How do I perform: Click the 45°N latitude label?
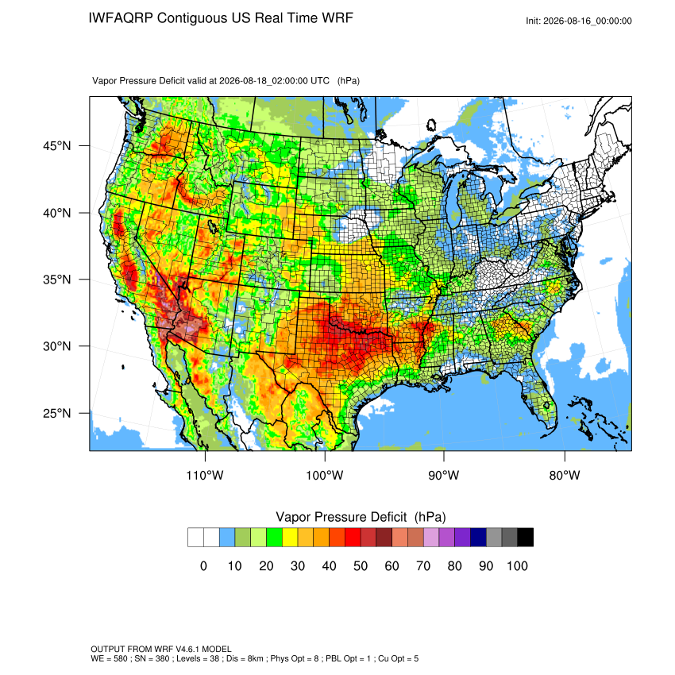coord(56,146)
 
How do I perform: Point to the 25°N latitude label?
coord(56,413)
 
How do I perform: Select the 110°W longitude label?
coord(205,475)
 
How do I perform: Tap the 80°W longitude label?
coord(565,475)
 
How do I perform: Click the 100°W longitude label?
coord(325,475)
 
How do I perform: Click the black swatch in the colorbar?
coord(525,538)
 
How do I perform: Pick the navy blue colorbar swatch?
coord(478,538)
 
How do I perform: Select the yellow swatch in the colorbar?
coord(290,538)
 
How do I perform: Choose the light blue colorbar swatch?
coord(227,538)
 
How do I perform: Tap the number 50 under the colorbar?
coord(361,565)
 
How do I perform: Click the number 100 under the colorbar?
coord(517,565)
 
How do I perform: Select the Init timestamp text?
coord(579,21)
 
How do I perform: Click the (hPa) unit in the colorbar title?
coord(430,517)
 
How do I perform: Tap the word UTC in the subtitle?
coord(320,81)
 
